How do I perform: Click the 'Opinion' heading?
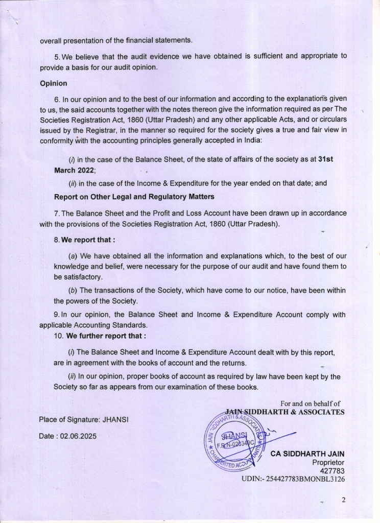click(54, 83)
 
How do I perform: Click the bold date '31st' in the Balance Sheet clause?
click(325, 159)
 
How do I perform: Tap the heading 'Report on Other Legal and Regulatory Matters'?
click(134, 197)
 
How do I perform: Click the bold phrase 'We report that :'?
click(88, 239)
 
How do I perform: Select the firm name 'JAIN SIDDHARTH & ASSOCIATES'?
click(284, 412)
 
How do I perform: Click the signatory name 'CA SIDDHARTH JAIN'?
click(307, 454)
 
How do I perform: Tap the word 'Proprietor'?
click(328, 462)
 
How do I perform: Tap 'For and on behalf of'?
click(310, 404)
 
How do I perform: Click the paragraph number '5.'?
click(57, 56)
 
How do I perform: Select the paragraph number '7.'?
click(57, 212)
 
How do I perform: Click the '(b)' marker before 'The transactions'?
click(73, 290)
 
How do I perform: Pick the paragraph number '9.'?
click(57, 315)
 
